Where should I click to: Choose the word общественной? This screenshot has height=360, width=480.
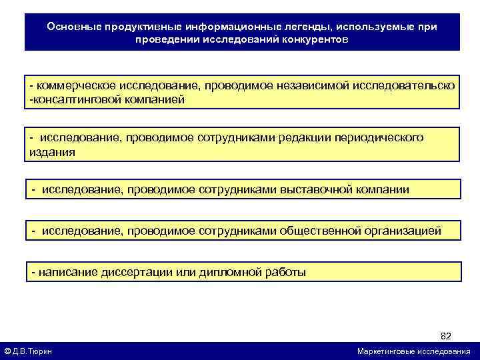pos(320,231)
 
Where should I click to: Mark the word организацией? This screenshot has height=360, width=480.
pos(403,231)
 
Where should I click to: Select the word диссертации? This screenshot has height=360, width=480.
pos(140,272)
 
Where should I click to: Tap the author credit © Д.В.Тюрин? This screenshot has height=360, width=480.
pos(29,351)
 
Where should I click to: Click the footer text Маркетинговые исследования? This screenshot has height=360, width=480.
pos(413,351)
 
